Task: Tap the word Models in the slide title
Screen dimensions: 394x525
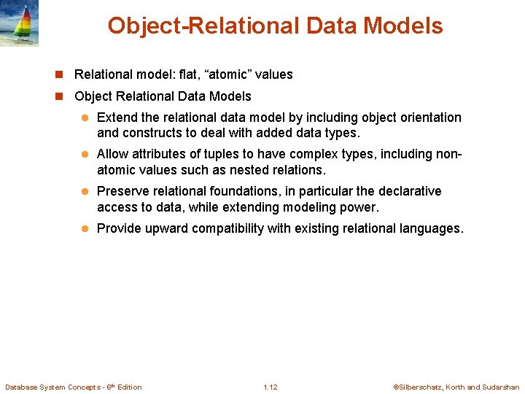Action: click(x=405, y=26)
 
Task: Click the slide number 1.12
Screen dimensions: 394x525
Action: click(x=270, y=387)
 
